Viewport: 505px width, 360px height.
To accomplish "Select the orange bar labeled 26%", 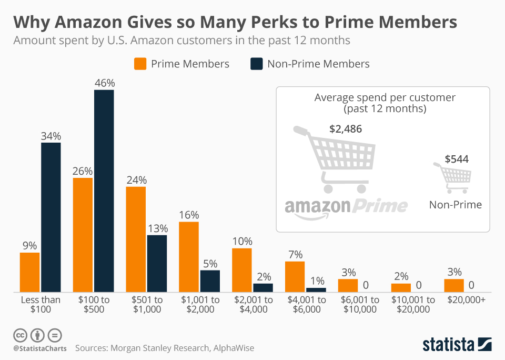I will pos(83,235).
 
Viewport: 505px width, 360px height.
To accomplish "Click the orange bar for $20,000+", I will pos(453,285).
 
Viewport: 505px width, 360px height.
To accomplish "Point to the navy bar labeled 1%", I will pos(316,289).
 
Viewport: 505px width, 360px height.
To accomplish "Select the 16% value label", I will pos(189,215).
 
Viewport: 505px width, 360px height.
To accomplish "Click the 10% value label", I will pos(242,241).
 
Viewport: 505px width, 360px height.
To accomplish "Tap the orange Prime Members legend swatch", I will pos(140,64).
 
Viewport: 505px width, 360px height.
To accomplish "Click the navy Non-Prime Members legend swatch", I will pos(256,64).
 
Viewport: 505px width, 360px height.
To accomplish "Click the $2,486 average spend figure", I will pos(345,129).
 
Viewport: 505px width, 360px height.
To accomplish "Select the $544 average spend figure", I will pos(456,159).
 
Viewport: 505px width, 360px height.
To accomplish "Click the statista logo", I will pos(457,344).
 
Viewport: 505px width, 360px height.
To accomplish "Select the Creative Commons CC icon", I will pos(20,335).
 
